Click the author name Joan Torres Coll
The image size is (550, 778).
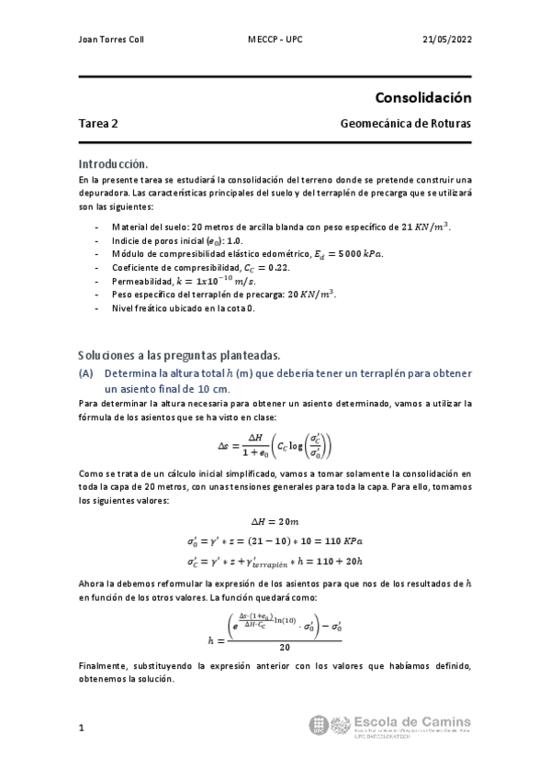point(111,40)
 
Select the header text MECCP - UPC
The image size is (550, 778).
point(275,40)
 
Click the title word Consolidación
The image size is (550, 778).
point(422,97)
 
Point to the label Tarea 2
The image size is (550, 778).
point(98,123)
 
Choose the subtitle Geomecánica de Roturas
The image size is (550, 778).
point(405,123)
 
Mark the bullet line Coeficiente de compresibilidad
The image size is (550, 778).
point(199,266)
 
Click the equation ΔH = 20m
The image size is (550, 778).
point(275,520)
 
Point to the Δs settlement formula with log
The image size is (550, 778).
point(275,447)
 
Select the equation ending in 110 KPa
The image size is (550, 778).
point(275,541)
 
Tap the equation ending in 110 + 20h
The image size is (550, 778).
point(275,561)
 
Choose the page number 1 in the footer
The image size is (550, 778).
point(82,728)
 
